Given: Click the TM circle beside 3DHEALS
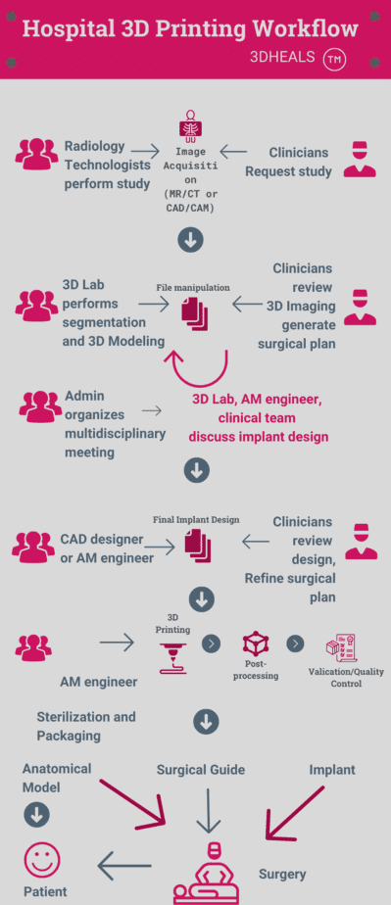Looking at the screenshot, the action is click(334, 60).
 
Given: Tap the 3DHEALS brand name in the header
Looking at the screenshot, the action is click(282, 57).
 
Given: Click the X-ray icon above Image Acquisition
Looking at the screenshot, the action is click(190, 125).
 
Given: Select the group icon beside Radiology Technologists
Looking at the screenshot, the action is click(36, 154).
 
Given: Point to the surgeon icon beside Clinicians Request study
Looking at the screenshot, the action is click(360, 159).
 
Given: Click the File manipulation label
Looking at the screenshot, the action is click(193, 287).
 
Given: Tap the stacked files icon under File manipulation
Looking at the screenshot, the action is click(195, 314).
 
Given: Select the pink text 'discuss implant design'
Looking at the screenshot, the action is click(259, 437).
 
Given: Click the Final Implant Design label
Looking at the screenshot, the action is click(196, 519).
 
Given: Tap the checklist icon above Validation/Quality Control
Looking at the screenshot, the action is click(341, 648).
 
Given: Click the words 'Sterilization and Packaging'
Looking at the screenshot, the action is click(86, 726).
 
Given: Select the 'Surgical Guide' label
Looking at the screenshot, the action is click(201, 770).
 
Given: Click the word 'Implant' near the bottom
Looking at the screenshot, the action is click(332, 770).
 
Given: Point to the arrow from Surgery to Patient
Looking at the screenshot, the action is click(124, 866).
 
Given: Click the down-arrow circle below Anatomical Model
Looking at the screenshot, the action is click(36, 816).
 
